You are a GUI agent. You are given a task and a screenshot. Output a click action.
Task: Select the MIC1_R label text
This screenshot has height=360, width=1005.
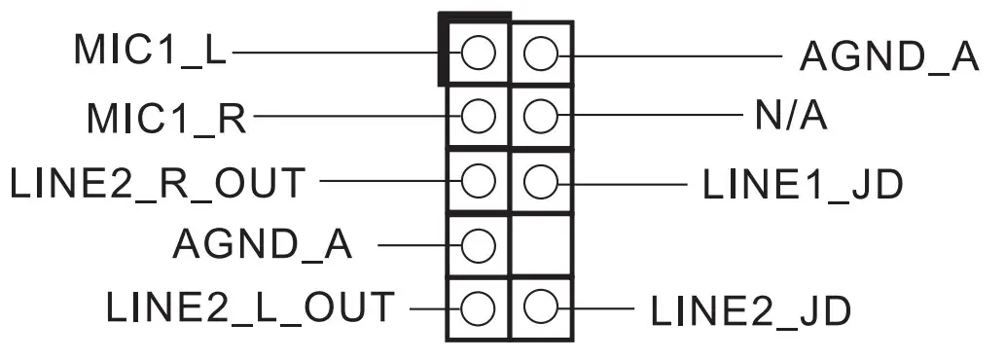(x=165, y=118)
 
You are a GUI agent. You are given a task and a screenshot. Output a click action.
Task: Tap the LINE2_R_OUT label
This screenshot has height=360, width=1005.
(x=157, y=182)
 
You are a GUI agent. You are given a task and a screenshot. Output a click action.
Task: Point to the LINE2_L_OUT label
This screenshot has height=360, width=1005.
(x=250, y=308)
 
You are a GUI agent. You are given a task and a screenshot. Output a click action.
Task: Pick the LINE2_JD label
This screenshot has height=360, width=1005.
(x=750, y=310)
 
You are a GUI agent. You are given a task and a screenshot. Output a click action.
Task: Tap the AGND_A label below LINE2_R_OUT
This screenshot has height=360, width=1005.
(x=263, y=244)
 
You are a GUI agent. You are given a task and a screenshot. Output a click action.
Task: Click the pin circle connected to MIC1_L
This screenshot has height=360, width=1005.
(x=477, y=54)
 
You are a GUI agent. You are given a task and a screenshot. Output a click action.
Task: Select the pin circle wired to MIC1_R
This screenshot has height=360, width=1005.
(x=477, y=118)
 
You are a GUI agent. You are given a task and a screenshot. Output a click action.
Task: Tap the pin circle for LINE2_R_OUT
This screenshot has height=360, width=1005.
(x=477, y=181)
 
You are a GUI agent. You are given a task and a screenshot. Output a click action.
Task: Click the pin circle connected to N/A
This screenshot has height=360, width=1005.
(x=540, y=118)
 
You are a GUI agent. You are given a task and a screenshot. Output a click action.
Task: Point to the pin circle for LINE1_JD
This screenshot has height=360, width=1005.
(x=540, y=181)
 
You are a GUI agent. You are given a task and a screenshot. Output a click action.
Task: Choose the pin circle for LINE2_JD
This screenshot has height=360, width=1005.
(x=540, y=308)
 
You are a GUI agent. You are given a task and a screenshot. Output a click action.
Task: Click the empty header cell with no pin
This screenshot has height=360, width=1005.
(x=540, y=244)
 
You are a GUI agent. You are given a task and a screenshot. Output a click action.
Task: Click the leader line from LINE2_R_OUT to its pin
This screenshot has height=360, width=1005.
(x=389, y=181)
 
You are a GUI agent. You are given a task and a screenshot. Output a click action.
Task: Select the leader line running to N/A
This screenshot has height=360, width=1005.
(x=652, y=118)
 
